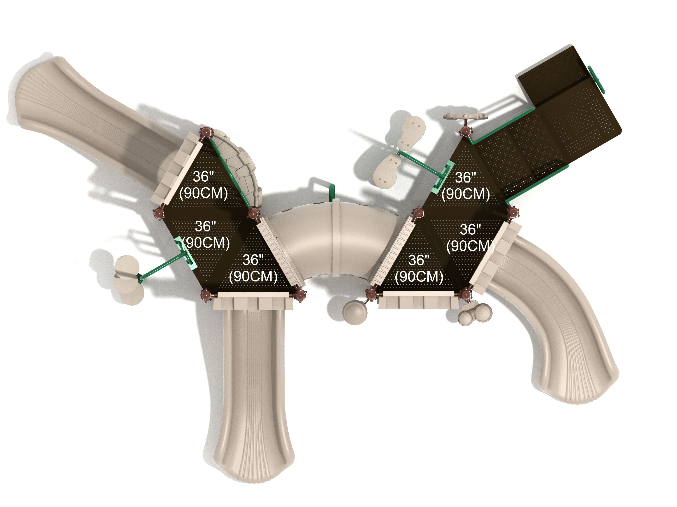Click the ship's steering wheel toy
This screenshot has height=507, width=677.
tap(466, 116)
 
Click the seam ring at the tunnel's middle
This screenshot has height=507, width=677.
tap(336, 238)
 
